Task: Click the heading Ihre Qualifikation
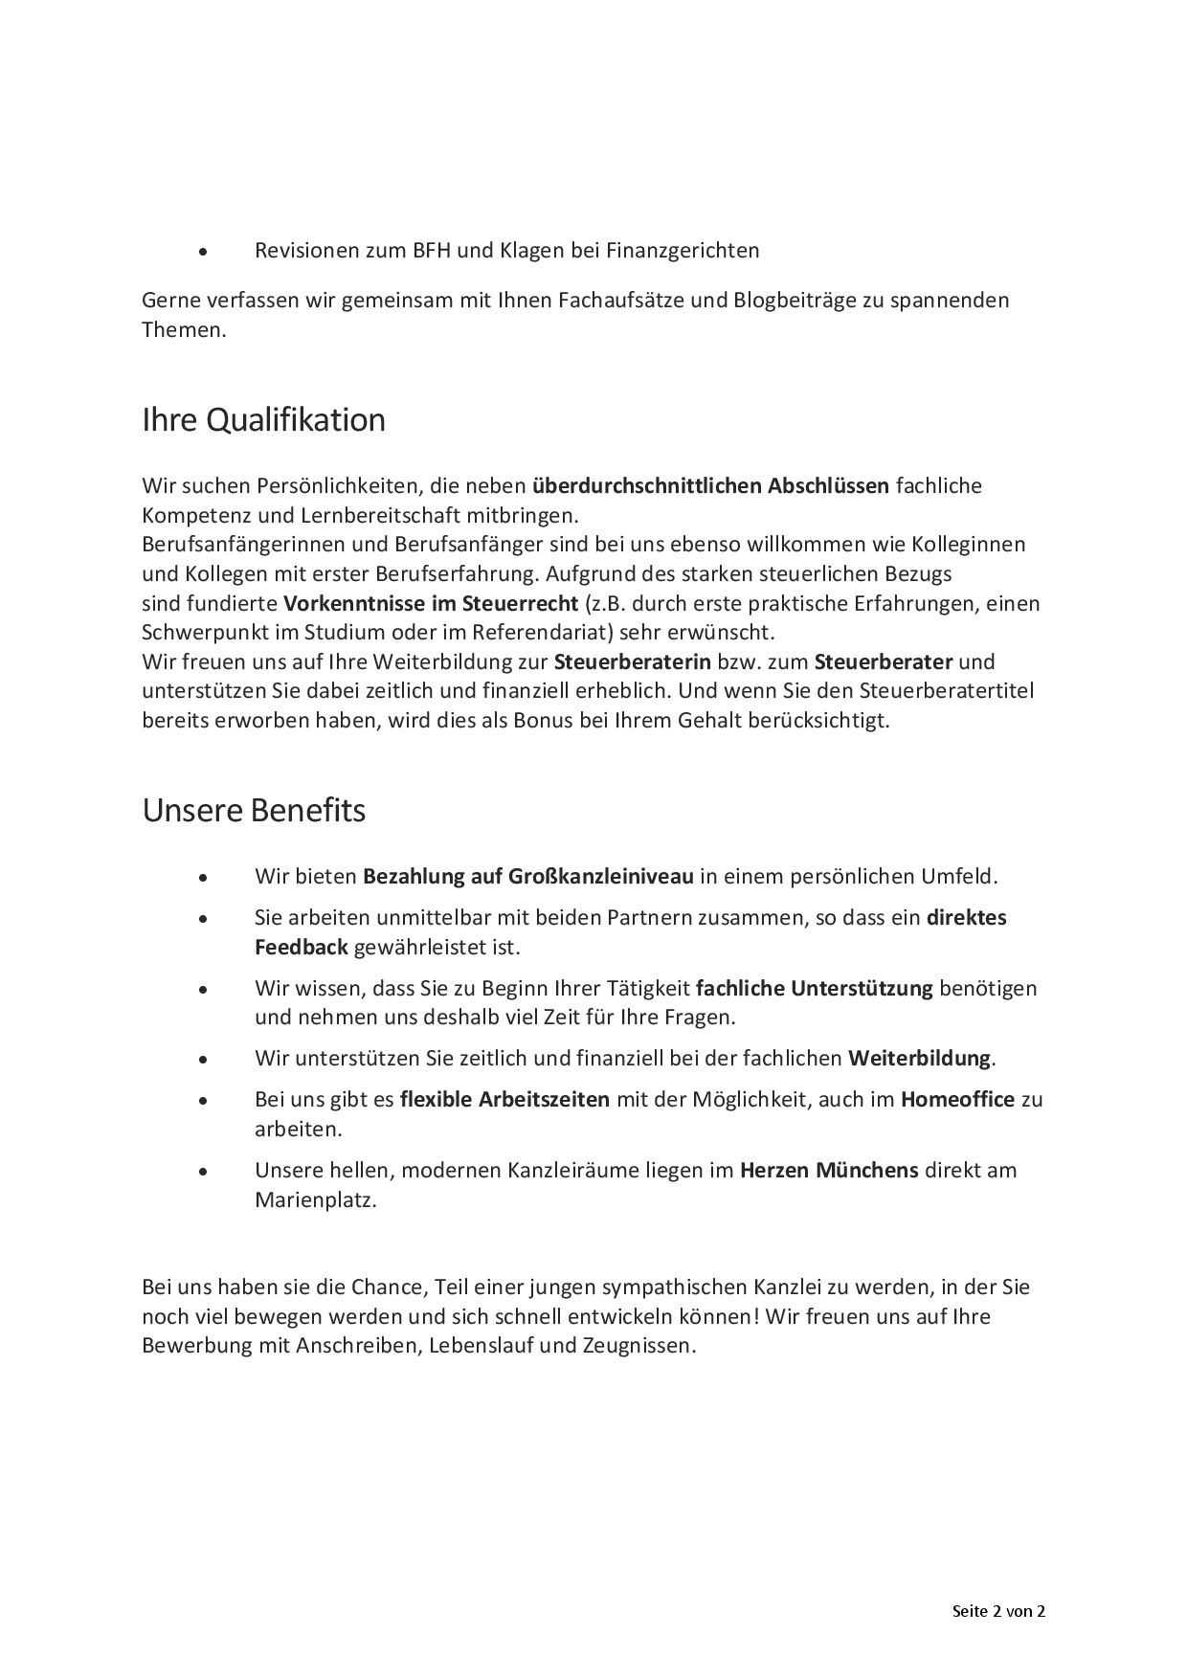pos(263,420)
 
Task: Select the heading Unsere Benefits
pos(254,810)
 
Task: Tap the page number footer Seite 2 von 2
pos(998,1611)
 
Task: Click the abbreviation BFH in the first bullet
pos(432,251)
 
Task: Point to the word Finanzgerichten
pos(683,251)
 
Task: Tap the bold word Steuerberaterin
pos(632,662)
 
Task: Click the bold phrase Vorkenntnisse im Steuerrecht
pos(431,604)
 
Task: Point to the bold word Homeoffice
pos(957,1099)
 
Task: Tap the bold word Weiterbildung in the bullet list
pos(919,1059)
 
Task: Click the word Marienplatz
pos(316,1200)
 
